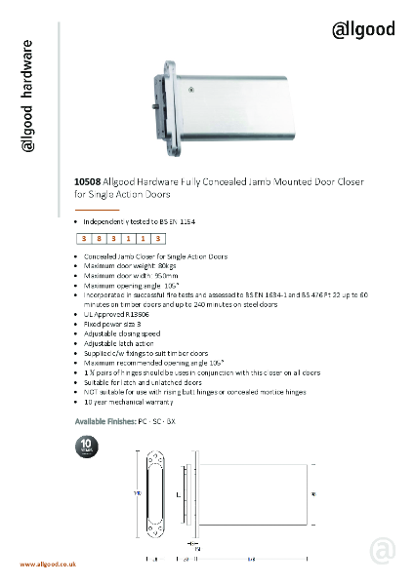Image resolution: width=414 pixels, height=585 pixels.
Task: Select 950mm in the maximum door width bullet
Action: pos(157,276)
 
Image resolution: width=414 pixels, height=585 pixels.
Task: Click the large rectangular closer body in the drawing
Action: pos(254,494)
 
